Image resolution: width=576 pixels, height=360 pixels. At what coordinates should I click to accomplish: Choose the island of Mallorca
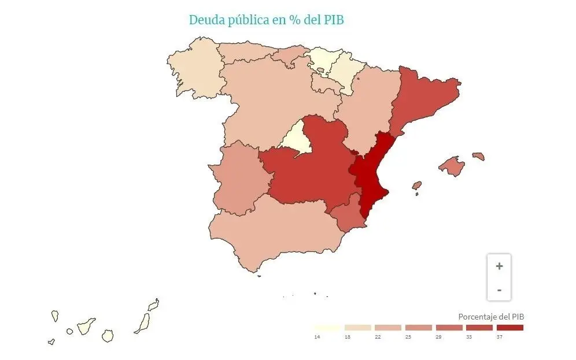(x=452, y=166)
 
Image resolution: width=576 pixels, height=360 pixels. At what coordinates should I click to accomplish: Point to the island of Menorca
(x=478, y=156)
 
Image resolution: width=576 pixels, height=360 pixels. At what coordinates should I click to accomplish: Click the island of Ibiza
(x=416, y=186)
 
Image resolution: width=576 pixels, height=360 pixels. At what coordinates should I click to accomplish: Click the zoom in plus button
(x=499, y=266)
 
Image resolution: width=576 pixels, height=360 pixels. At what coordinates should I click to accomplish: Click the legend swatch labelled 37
(x=509, y=328)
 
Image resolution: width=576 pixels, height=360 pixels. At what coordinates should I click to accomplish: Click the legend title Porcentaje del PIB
(x=491, y=317)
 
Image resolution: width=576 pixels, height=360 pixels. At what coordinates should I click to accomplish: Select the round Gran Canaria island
(x=108, y=336)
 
